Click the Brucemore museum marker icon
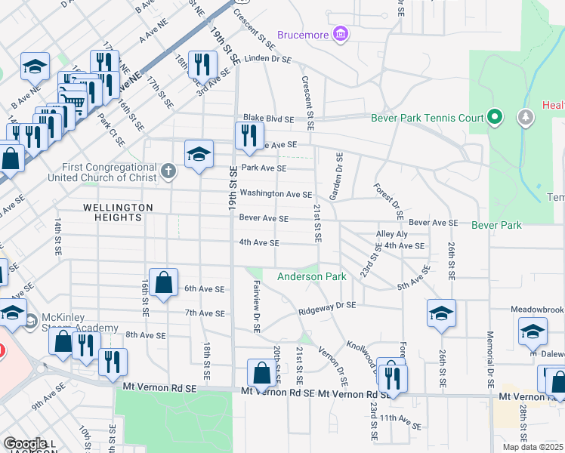tap(341, 35)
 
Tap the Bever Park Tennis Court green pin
tap(495, 118)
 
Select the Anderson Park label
tap(312, 276)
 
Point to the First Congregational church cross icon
tap(168, 171)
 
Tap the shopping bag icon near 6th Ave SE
tap(164, 283)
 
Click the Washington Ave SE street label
tap(276, 194)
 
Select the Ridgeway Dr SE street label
tap(326, 306)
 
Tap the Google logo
tap(25, 443)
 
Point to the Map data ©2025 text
tap(533, 446)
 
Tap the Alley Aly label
tap(392, 235)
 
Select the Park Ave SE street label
tap(263, 168)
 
